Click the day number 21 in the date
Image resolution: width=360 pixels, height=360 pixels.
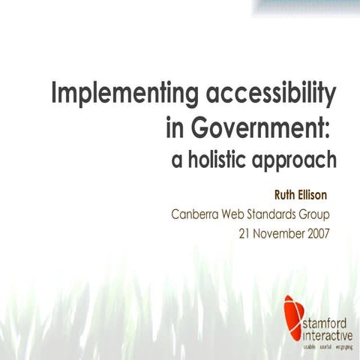click(244, 232)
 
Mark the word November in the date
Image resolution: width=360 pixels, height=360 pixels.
click(278, 232)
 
